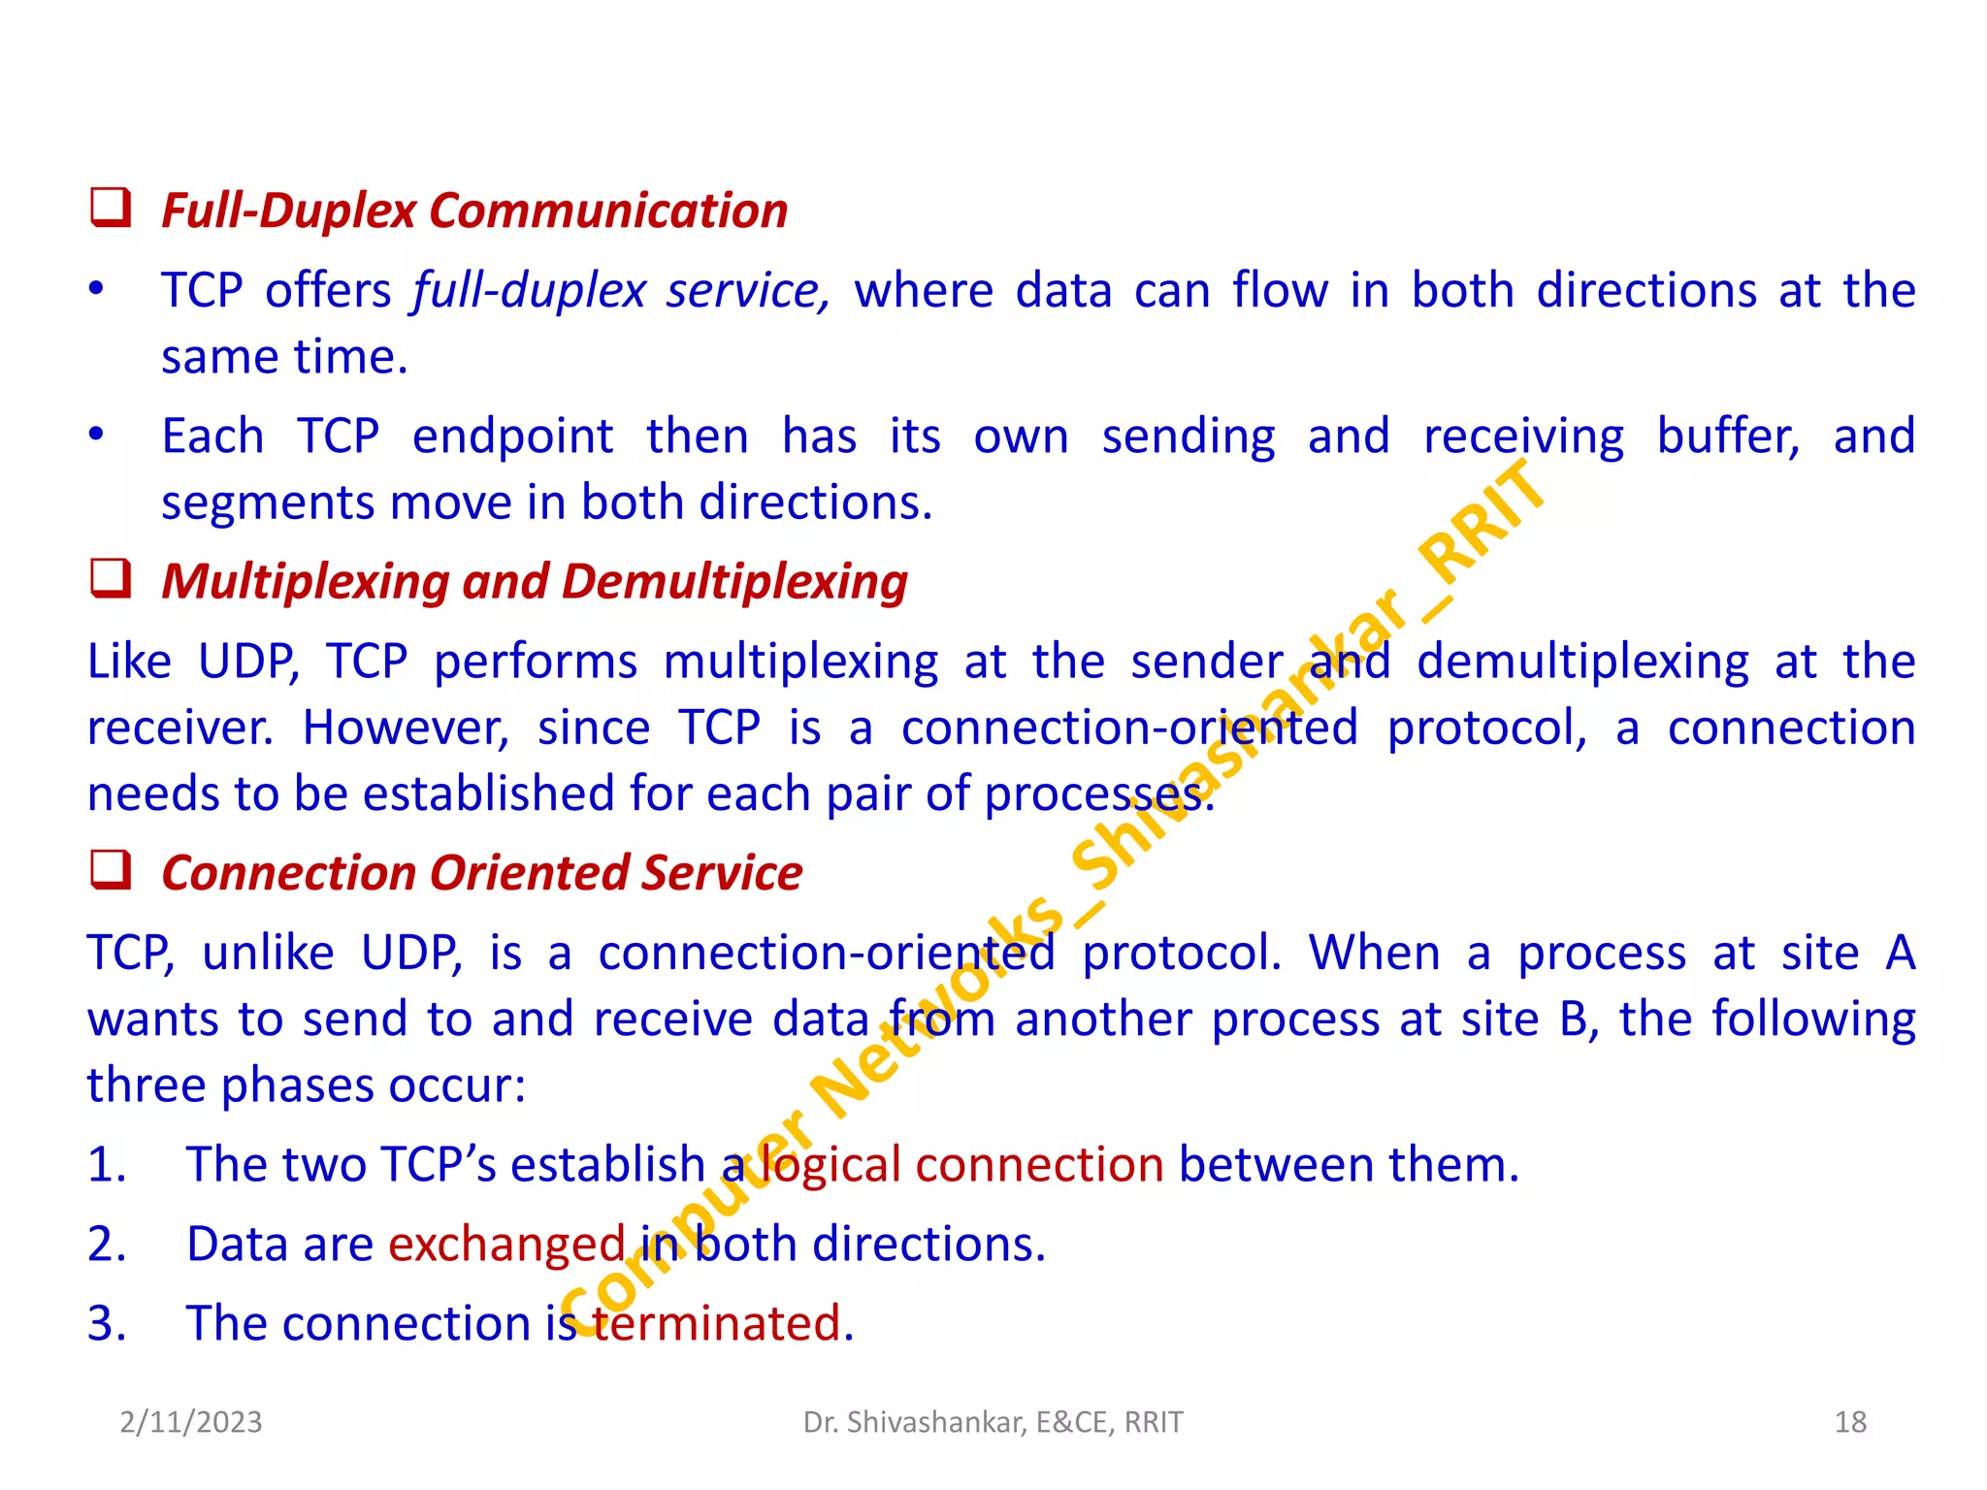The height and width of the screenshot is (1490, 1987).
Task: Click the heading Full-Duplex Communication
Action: tap(473, 211)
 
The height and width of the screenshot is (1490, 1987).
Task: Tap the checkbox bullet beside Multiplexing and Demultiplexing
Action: tap(111, 579)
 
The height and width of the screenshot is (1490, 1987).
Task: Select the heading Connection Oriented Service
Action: tap(481, 873)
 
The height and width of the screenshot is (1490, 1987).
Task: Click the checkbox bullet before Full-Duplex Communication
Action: tap(111, 209)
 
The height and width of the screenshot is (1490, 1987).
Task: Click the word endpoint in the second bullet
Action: tap(512, 437)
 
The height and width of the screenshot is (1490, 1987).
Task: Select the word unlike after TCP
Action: tap(268, 953)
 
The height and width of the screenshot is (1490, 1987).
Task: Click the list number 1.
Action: tap(107, 1164)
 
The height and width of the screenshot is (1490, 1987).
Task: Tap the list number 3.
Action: tap(107, 1323)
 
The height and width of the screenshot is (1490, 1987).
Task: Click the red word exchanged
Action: tap(506, 1244)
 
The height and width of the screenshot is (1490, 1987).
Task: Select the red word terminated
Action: tap(723, 1323)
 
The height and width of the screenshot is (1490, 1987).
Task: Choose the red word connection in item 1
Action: tap(1039, 1164)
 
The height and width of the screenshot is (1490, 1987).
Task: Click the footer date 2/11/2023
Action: tap(191, 1422)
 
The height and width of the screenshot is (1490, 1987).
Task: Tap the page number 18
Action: tap(1850, 1422)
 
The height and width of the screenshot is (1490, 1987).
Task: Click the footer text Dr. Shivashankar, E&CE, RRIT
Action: tap(993, 1422)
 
